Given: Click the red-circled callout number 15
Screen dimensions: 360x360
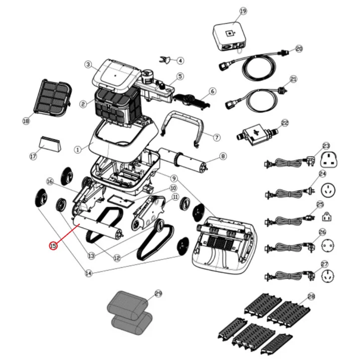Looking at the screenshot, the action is point(53,246).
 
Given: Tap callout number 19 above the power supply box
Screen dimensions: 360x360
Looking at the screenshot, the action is point(243,11).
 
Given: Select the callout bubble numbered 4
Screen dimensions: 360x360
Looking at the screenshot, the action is point(181,61).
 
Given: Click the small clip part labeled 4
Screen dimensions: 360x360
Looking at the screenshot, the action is point(165,60).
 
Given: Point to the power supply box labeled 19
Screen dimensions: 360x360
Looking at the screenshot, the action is point(230,37).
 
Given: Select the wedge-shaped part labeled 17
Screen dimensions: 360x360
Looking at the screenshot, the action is point(50,144).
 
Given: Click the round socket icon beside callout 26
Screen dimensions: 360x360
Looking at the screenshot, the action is point(327,246).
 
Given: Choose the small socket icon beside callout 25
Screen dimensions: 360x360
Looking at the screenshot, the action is point(327,217).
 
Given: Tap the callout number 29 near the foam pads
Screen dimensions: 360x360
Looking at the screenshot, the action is point(158,294).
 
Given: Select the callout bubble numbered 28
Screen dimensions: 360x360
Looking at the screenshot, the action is point(311,297).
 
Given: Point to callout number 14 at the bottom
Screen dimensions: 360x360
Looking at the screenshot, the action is point(88,273).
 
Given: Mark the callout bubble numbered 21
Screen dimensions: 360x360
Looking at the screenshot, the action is point(294,79).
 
